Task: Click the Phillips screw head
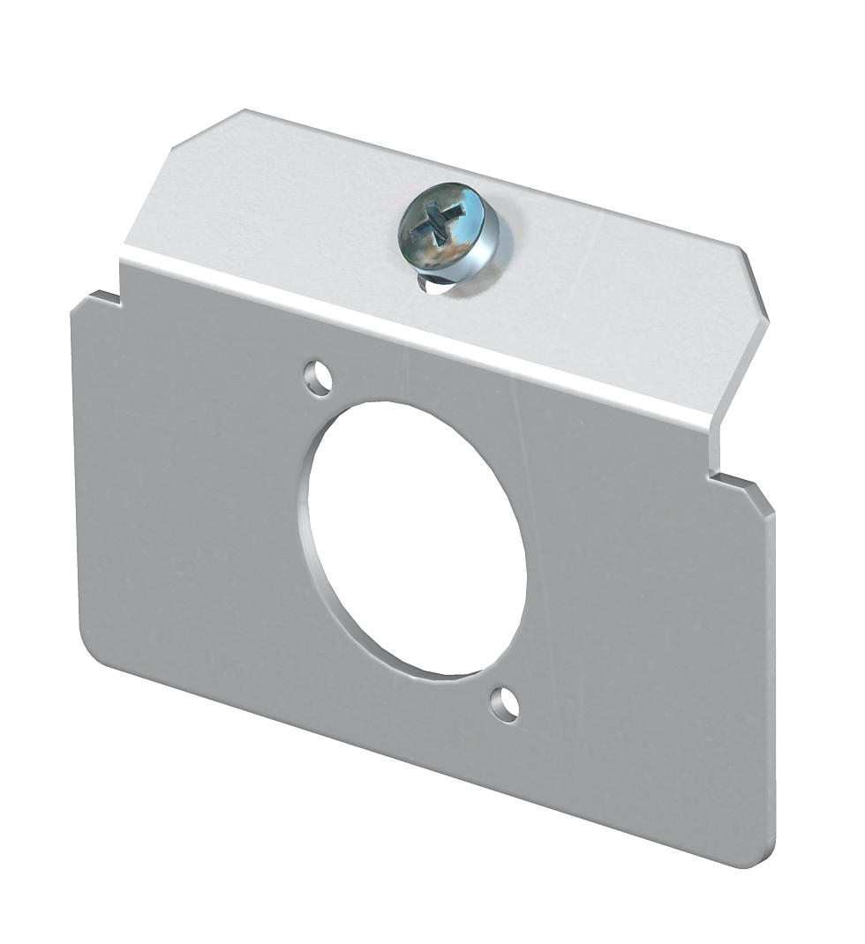tap(448, 228)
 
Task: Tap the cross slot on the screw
tap(436, 221)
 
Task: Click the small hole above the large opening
tap(319, 378)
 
